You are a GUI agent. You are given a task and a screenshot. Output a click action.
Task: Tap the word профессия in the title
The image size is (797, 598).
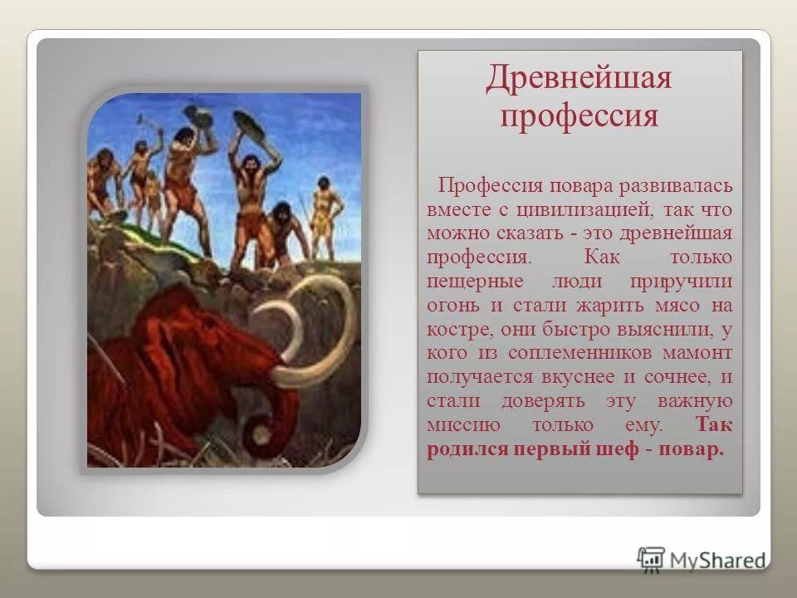click(579, 115)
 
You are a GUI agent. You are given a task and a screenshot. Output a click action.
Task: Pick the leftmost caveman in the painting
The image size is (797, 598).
click(102, 179)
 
